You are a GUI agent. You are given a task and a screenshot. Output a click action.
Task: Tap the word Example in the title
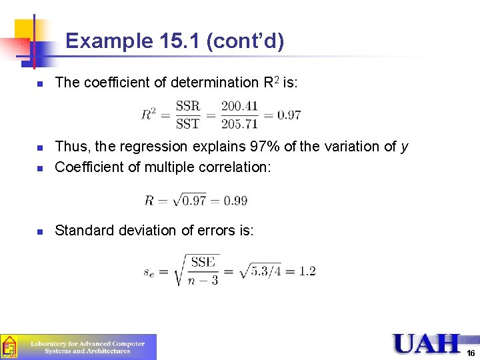109,41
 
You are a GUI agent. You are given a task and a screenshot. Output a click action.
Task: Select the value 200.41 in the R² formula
239,106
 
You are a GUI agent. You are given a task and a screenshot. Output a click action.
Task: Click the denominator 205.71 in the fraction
239,123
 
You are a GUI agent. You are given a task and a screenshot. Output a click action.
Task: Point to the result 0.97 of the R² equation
289,115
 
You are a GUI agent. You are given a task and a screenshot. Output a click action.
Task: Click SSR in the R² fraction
187,106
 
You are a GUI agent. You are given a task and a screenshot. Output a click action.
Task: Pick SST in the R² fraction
187,123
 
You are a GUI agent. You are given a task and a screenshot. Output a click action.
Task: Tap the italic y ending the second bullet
405,147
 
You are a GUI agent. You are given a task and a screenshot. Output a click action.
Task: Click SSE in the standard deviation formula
203,262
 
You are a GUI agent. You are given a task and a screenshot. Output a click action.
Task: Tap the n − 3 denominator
204,279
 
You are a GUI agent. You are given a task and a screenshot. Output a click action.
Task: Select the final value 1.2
307,271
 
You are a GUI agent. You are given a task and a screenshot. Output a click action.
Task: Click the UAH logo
427,343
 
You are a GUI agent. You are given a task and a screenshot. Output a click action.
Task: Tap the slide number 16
471,353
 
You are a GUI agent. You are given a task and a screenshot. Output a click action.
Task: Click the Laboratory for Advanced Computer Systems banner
87,347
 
